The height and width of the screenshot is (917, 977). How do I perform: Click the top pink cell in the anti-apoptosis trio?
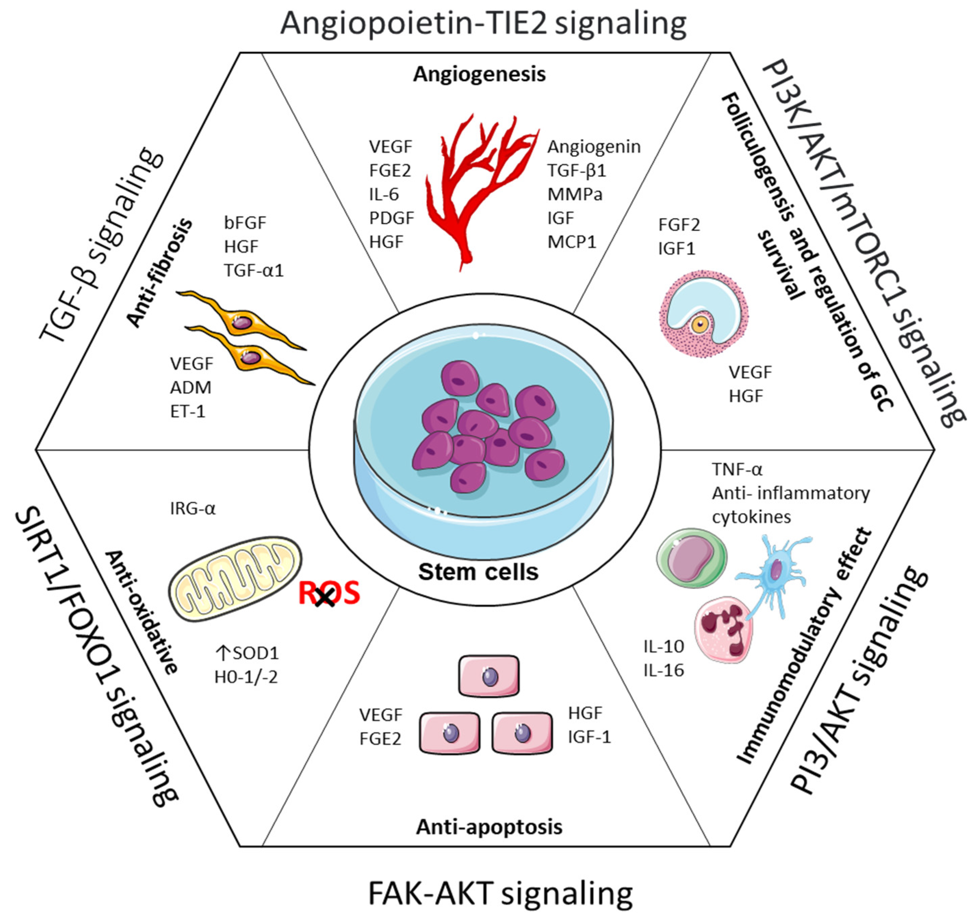point(489,676)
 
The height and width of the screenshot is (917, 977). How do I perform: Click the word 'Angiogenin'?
point(594,147)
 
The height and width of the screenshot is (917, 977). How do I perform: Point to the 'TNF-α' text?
point(737,470)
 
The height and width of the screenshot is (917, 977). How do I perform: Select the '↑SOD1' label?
point(247,653)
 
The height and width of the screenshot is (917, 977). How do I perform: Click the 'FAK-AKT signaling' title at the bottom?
point(500,893)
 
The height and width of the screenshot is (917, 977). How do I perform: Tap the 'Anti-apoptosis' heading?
point(489,827)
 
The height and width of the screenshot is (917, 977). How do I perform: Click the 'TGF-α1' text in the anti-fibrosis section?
point(253,270)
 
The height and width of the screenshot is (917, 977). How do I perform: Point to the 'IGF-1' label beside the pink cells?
point(589,737)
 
